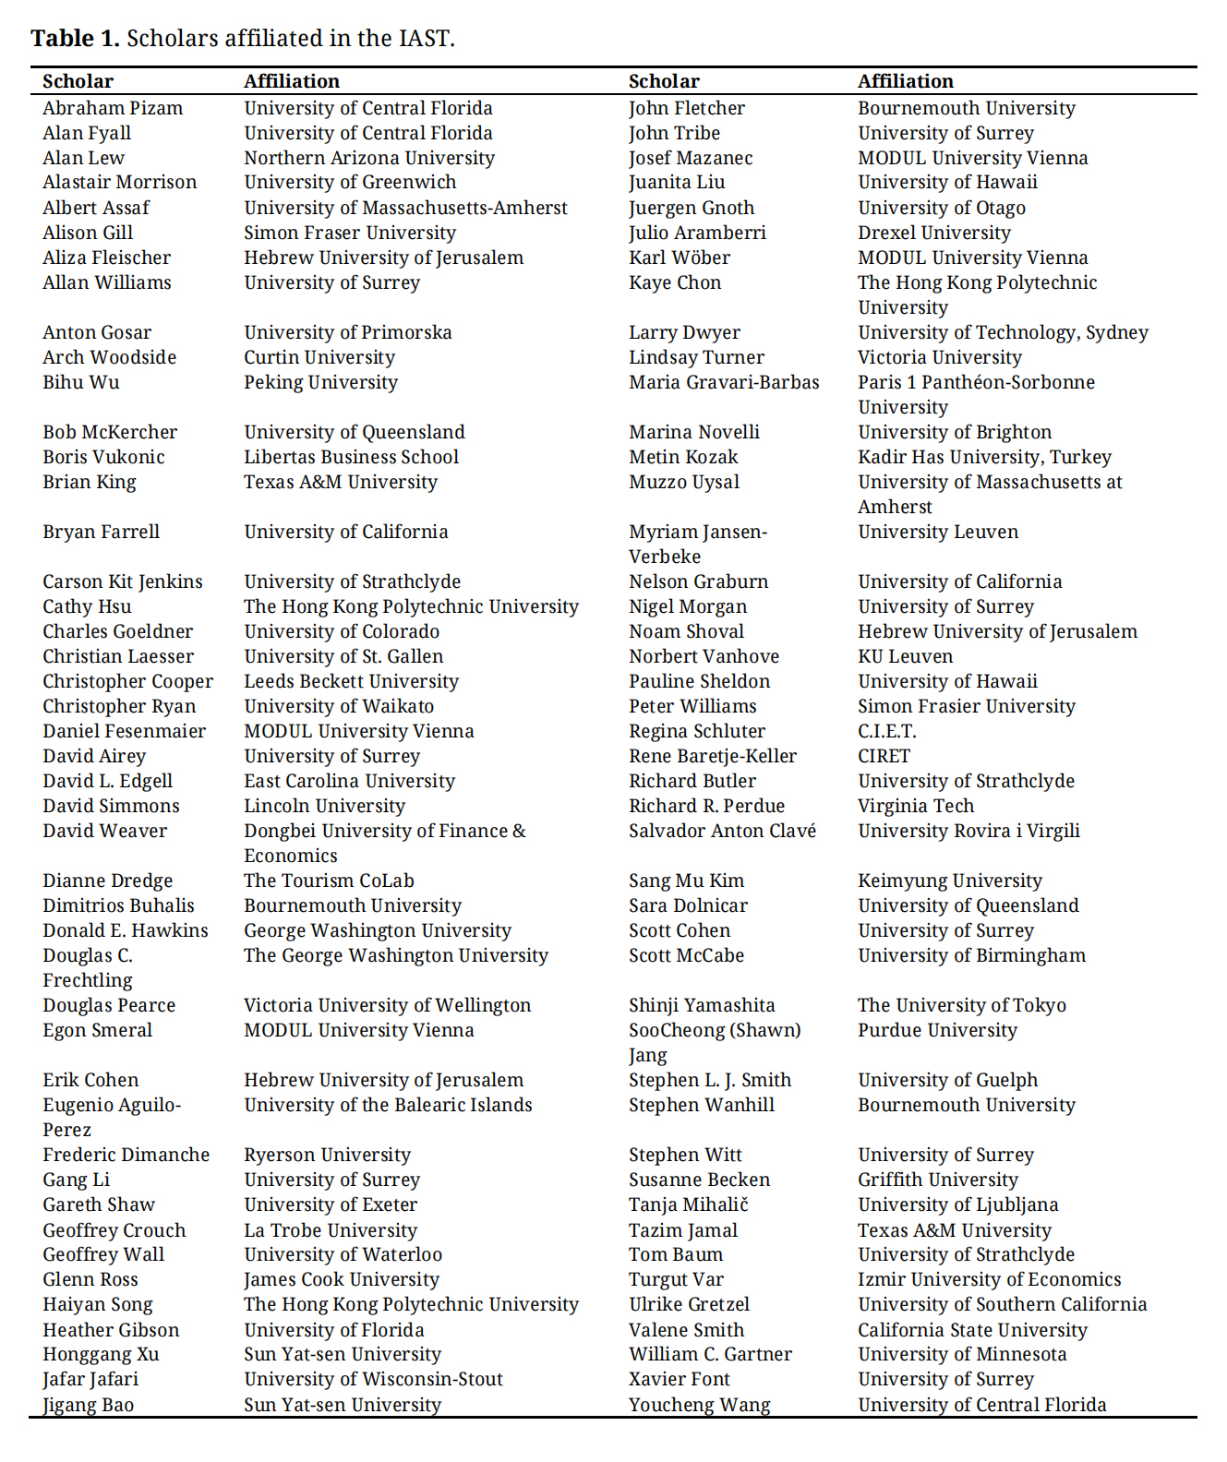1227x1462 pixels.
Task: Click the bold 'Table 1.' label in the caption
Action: tap(75, 38)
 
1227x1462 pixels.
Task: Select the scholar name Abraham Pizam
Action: tap(113, 108)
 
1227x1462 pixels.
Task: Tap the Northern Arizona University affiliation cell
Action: tap(368, 158)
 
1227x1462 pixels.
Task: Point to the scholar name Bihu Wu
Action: tap(80, 382)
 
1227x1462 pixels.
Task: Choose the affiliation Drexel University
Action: tap(933, 233)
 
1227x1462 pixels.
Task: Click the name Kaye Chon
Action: tap(674, 282)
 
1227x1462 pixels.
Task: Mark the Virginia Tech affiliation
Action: tap(915, 806)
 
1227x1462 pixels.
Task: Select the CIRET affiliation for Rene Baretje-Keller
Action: tap(884, 756)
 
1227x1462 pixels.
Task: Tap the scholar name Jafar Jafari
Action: tap(90, 1379)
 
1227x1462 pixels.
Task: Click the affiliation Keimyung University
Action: tap(949, 881)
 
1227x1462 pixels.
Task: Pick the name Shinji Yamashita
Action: tap(701, 1005)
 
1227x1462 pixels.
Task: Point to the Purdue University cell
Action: tap(937, 1030)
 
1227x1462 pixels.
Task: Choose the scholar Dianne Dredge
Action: tap(107, 881)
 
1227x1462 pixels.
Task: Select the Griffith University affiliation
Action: tap(937, 1180)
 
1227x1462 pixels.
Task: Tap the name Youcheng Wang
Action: tap(699, 1405)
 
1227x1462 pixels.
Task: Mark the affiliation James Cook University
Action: tap(341, 1279)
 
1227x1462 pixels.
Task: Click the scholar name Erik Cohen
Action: tap(90, 1080)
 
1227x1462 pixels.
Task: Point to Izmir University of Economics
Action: tap(989, 1279)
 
